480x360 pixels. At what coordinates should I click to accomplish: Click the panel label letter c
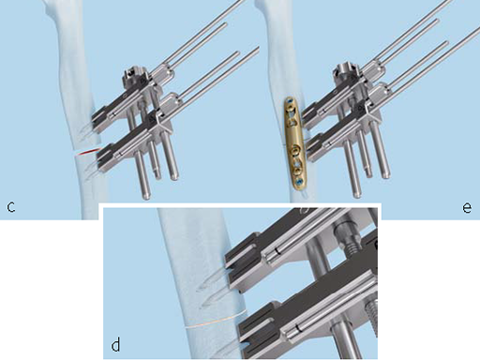pos(9,205)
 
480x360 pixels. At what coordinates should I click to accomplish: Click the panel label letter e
pos(466,206)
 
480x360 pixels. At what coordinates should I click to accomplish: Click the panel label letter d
pos(115,345)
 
